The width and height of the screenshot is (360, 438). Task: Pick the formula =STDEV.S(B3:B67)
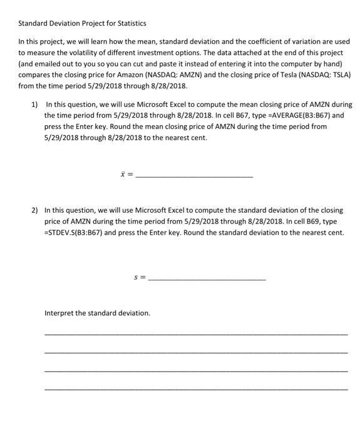tap(75, 233)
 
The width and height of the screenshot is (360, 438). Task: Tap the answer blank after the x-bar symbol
tap(194, 178)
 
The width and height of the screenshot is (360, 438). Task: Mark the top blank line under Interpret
tap(195, 335)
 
